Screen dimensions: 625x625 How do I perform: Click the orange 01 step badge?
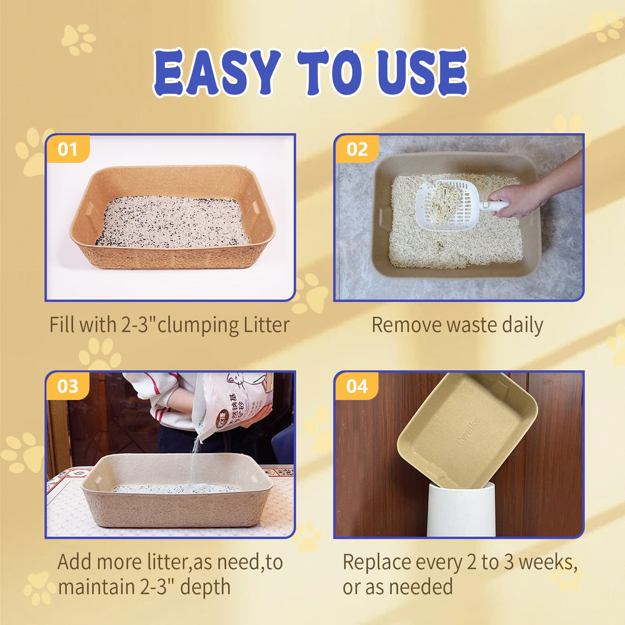click(x=67, y=150)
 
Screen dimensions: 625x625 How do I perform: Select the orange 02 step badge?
click(x=357, y=150)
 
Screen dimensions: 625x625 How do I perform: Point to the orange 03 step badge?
click(x=67, y=386)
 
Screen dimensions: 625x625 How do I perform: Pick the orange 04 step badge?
click(x=357, y=386)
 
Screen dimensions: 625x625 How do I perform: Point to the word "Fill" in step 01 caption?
click(x=62, y=325)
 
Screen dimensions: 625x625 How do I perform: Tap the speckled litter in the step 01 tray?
click(x=172, y=222)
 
